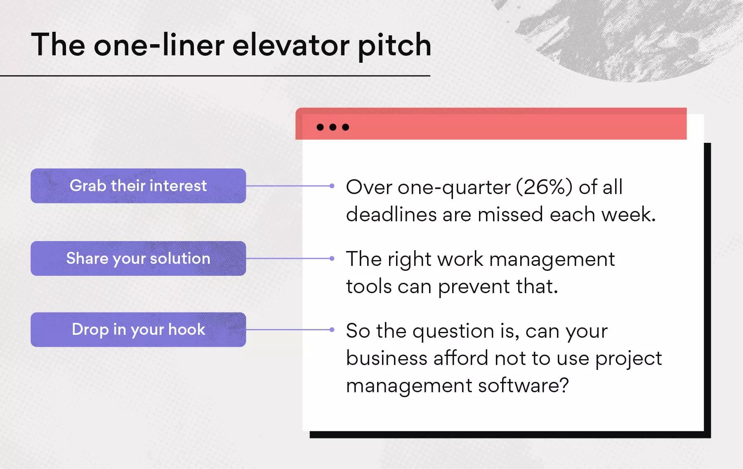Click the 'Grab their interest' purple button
pyautogui.click(x=138, y=186)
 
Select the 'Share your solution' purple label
pyautogui.click(x=138, y=258)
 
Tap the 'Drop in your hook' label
pyautogui.click(x=138, y=329)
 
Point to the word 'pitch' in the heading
pyautogui.click(x=394, y=45)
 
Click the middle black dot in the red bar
pyautogui.click(x=333, y=127)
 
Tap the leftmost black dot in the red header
pyautogui.click(x=320, y=127)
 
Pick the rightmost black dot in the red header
pyautogui.click(x=346, y=127)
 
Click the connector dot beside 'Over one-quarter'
pyautogui.click(x=332, y=186)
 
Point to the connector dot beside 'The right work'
pyautogui.click(x=332, y=258)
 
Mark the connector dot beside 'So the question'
pyautogui.click(x=332, y=329)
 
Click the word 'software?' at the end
pyautogui.click(x=524, y=385)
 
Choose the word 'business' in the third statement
pyautogui.click(x=387, y=358)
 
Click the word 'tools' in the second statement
pyautogui.click(x=369, y=286)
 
